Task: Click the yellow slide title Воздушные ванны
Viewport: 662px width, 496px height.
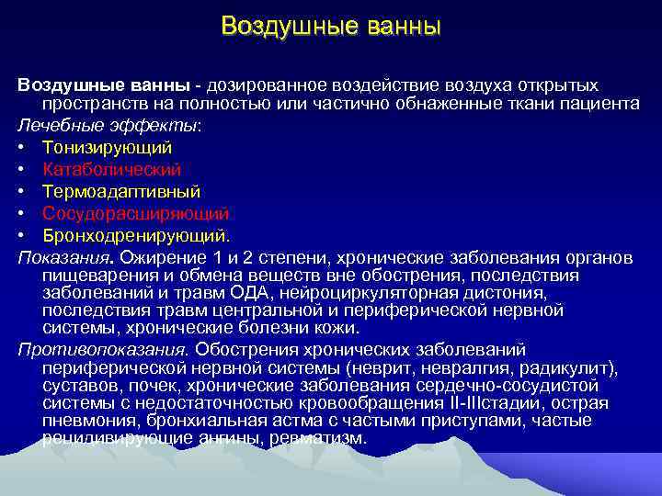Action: point(331,26)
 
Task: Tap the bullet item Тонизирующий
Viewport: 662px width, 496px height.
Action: point(107,147)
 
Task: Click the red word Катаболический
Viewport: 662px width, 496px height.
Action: point(112,169)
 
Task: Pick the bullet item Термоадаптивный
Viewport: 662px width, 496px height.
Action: point(121,191)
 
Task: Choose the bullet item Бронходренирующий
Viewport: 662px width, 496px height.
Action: point(136,235)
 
